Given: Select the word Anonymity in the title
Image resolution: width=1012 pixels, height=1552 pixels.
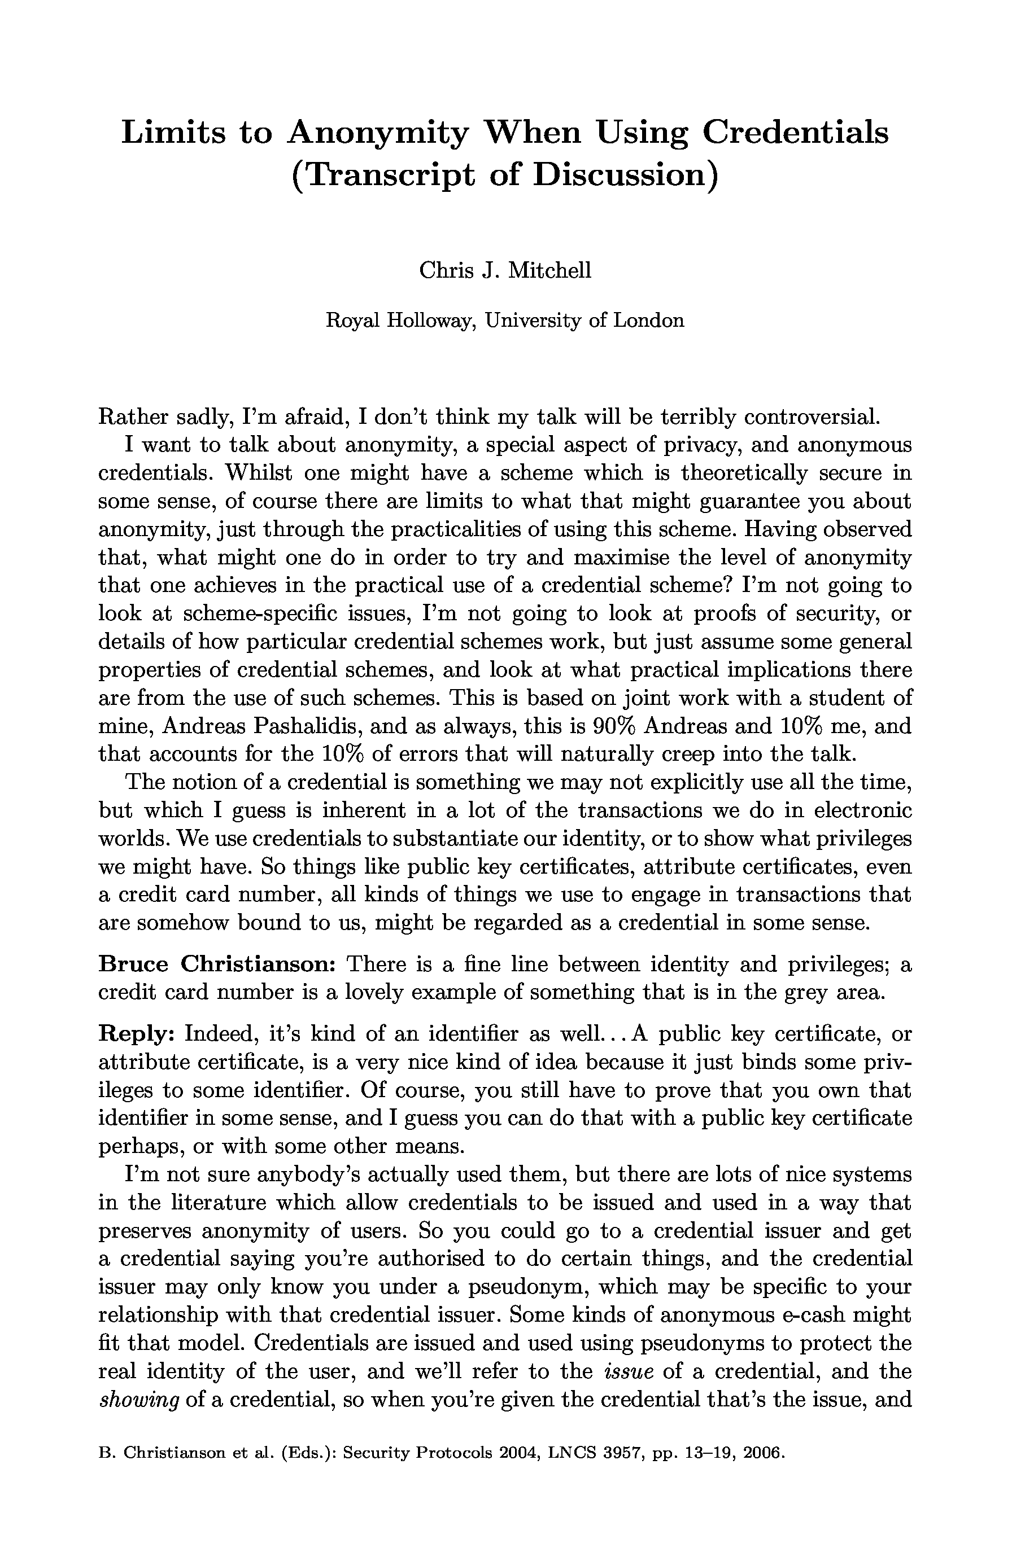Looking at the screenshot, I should [x=378, y=134].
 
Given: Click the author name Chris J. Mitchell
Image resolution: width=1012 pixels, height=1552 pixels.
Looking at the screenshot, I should [x=505, y=269].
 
